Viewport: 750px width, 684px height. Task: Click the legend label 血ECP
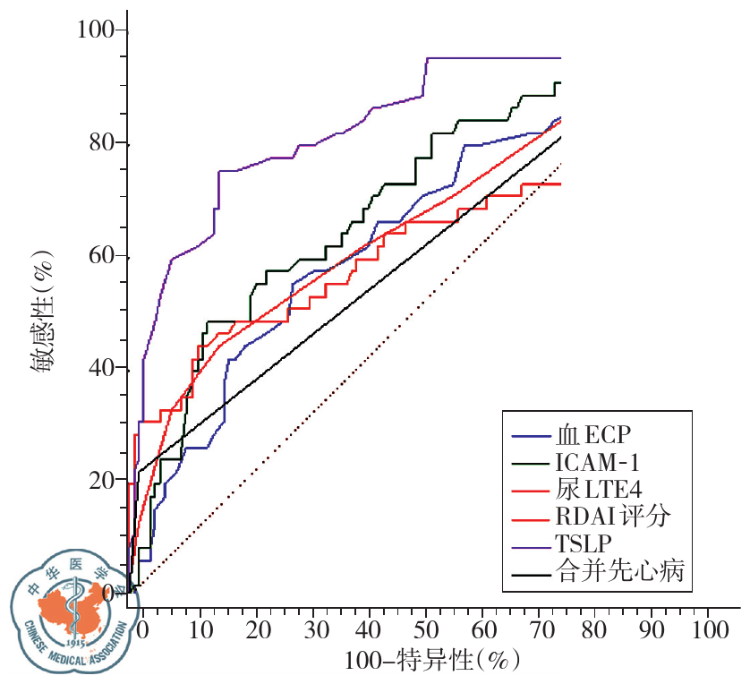point(594,435)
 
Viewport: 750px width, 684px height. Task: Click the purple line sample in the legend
point(532,543)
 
